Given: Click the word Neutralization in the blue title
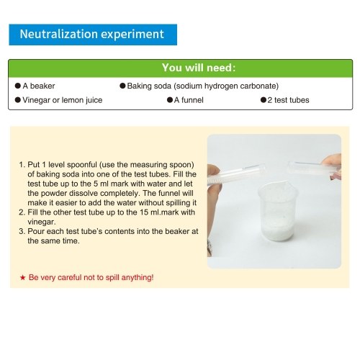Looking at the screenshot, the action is pyautogui.click(x=59, y=34).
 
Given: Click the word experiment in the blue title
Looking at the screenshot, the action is pyautogui.click(x=132, y=35).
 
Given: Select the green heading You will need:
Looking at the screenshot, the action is pyautogui.click(x=199, y=68).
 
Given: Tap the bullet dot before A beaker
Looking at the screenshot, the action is pyautogui.click(x=18, y=86).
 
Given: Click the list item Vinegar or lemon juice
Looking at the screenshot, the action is pyautogui.click(x=63, y=100).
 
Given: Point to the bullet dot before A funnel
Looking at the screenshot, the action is pyautogui.click(x=170, y=100).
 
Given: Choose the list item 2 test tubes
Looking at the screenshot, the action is pyautogui.click(x=288, y=100).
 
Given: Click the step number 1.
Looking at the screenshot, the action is pyautogui.click(x=22, y=165).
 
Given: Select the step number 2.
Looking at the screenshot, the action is pyautogui.click(x=22, y=212).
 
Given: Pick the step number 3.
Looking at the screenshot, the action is pyautogui.click(x=22, y=231).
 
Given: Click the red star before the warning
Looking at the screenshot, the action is pyautogui.click(x=23, y=278).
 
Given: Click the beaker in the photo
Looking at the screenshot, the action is pyautogui.click(x=278, y=211).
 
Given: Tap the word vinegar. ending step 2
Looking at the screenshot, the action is pyautogui.click(x=42, y=222).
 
